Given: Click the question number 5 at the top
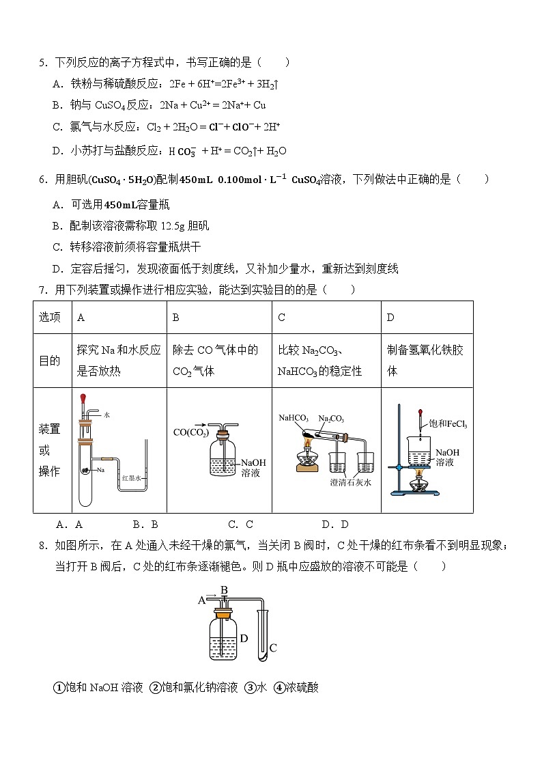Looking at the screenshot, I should (42, 63).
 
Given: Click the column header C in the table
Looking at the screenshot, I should (282, 318).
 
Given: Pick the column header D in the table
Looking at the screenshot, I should (390, 318).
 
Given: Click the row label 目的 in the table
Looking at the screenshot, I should (49, 361).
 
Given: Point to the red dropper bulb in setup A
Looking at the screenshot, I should (83, 397).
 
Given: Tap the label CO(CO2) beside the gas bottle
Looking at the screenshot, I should (190, 432).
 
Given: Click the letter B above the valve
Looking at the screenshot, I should (223, 589).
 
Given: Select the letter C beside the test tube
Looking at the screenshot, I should (272, 647).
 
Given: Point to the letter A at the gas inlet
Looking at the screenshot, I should (201, 600).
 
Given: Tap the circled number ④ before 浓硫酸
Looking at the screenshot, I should (279, 688).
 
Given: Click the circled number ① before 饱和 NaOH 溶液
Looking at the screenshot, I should (59, 688).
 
